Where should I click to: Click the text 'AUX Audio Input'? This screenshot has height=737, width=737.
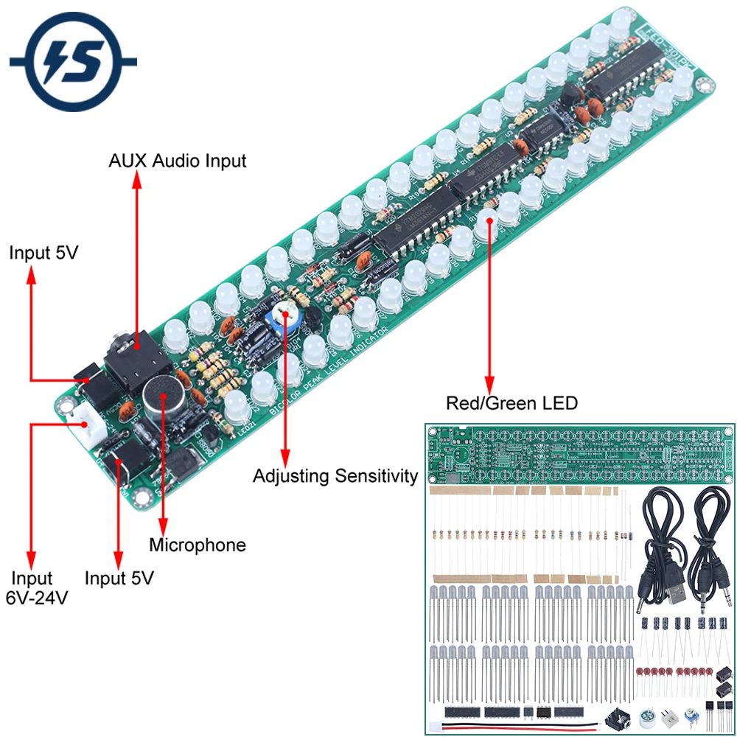pos(178,161)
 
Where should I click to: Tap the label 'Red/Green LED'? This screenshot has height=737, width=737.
pos(511,403)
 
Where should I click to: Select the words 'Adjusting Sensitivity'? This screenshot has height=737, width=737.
pos(335,476)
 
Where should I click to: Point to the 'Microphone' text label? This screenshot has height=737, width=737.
pos(198,545)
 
